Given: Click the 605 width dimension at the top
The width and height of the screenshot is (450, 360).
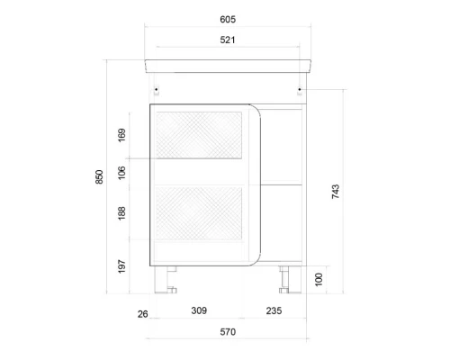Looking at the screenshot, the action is click(228, 20).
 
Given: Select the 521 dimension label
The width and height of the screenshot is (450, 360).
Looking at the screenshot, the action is click(228, 40).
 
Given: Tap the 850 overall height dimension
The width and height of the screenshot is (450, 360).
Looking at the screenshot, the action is click(99, 176).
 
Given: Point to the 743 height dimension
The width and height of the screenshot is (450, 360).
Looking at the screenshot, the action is click(336, 192).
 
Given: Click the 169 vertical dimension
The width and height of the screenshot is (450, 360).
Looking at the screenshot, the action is click(121, 135).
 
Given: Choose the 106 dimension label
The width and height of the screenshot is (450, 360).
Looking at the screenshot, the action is click(121, 173).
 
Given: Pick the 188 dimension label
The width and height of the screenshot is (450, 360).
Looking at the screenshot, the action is click(121, 213).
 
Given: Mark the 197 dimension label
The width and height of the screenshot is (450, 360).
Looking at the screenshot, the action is click(121, 266).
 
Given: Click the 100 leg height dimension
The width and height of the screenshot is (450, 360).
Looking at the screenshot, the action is click(319, 279).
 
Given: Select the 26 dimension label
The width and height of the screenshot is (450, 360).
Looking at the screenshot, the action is click(143, 314).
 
